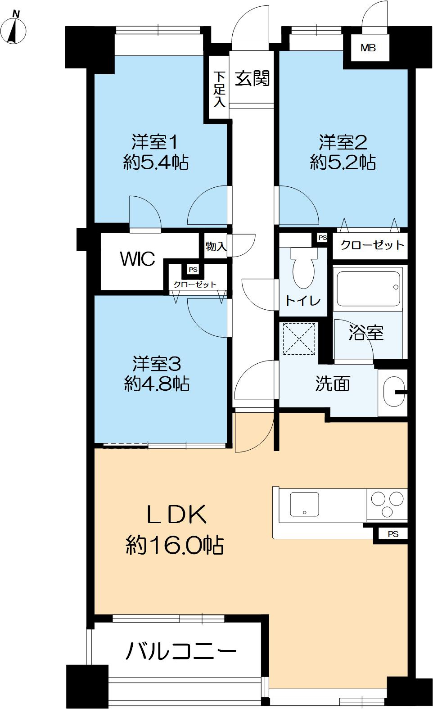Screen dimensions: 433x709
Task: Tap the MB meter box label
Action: (368, 48)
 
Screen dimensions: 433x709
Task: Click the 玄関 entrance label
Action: (252, 78)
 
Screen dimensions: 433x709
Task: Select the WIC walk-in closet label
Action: (138, 258)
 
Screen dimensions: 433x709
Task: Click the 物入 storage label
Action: (216, 246)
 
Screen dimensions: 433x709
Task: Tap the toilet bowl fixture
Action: (303, 266)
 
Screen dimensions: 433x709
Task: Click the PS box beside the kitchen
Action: (392, 534)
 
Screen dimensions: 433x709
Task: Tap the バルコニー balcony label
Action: (181, 651)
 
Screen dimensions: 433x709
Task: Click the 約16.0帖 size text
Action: (175, 545)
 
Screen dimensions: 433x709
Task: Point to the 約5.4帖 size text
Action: (156, 163)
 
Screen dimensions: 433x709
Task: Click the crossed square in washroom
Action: (299, 339)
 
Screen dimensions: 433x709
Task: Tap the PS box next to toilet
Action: (322, 238)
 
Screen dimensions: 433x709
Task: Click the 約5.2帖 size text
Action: (343, 163)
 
